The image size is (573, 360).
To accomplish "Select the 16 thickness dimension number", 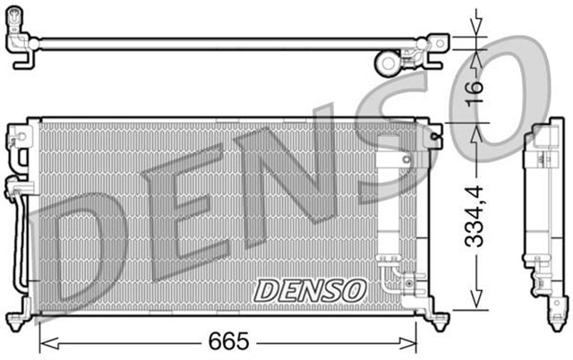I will pyautogui.click(x=475, y=86).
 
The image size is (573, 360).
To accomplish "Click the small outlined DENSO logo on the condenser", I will pyautogui.click(x=311, y=290).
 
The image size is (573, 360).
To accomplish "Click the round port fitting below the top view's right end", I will pyautogui.click(x=389, y=64).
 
